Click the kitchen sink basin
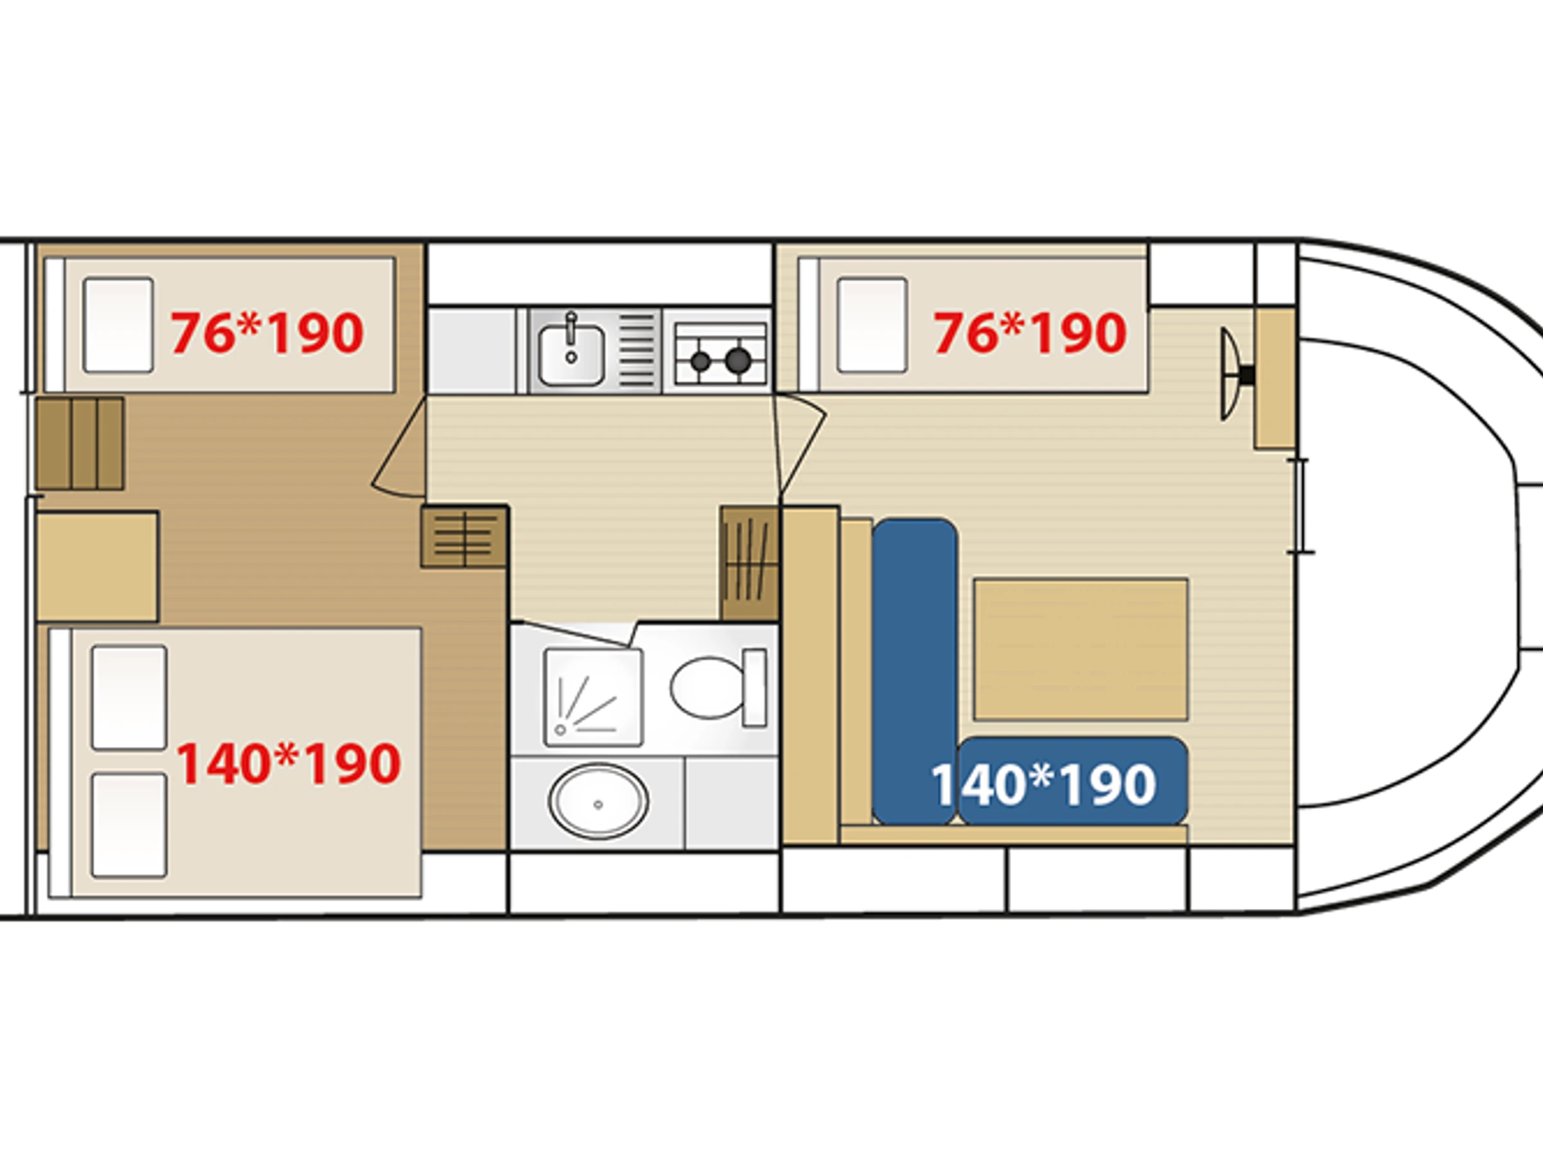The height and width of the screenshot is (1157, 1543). click(x=571, y=354)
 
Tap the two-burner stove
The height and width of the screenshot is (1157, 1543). click(x=719, y=354)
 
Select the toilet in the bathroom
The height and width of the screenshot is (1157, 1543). click(x=717, y=687)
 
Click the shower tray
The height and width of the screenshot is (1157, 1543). click(x=593, y=697)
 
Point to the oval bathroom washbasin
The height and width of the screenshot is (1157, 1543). click(x=599, y=802)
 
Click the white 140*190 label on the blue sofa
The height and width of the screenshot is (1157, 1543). click(x=1043, y=785)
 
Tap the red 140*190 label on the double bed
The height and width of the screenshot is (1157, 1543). click(x=289, y=764)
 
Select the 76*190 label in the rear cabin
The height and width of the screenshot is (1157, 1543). click(x=267, y=333)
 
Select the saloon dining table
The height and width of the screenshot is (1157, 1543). click(x=1081, y=649)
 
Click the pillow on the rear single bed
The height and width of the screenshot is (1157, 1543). click(x=118, y=325)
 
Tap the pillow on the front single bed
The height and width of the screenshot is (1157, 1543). click(x=872, y=325)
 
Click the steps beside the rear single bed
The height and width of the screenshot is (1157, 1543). click(x=80, y=444)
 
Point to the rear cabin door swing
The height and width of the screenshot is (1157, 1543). click(x=399, y=448)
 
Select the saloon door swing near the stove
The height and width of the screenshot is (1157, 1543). click(x=801, y=446)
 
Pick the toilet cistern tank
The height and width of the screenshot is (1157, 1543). click(x=754, y=687)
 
